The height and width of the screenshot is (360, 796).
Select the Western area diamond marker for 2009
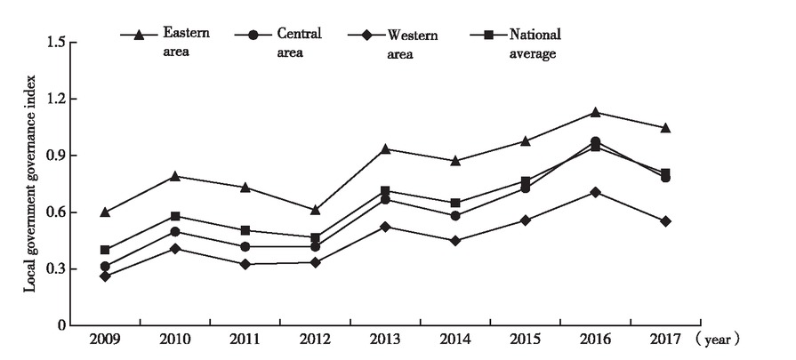tap(106, 276)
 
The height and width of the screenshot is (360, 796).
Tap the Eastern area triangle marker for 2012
tap(316, 210)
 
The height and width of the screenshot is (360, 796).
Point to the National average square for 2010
tap(176, 216)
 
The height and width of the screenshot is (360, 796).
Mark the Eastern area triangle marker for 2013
tap(386, 148)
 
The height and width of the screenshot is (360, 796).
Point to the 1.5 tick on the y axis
tap(56, 43)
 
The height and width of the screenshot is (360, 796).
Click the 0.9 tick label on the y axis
tap(56, 156)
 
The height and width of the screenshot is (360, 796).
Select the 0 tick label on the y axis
tap(61, 325)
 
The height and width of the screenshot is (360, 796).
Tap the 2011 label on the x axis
tap(245, 340)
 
